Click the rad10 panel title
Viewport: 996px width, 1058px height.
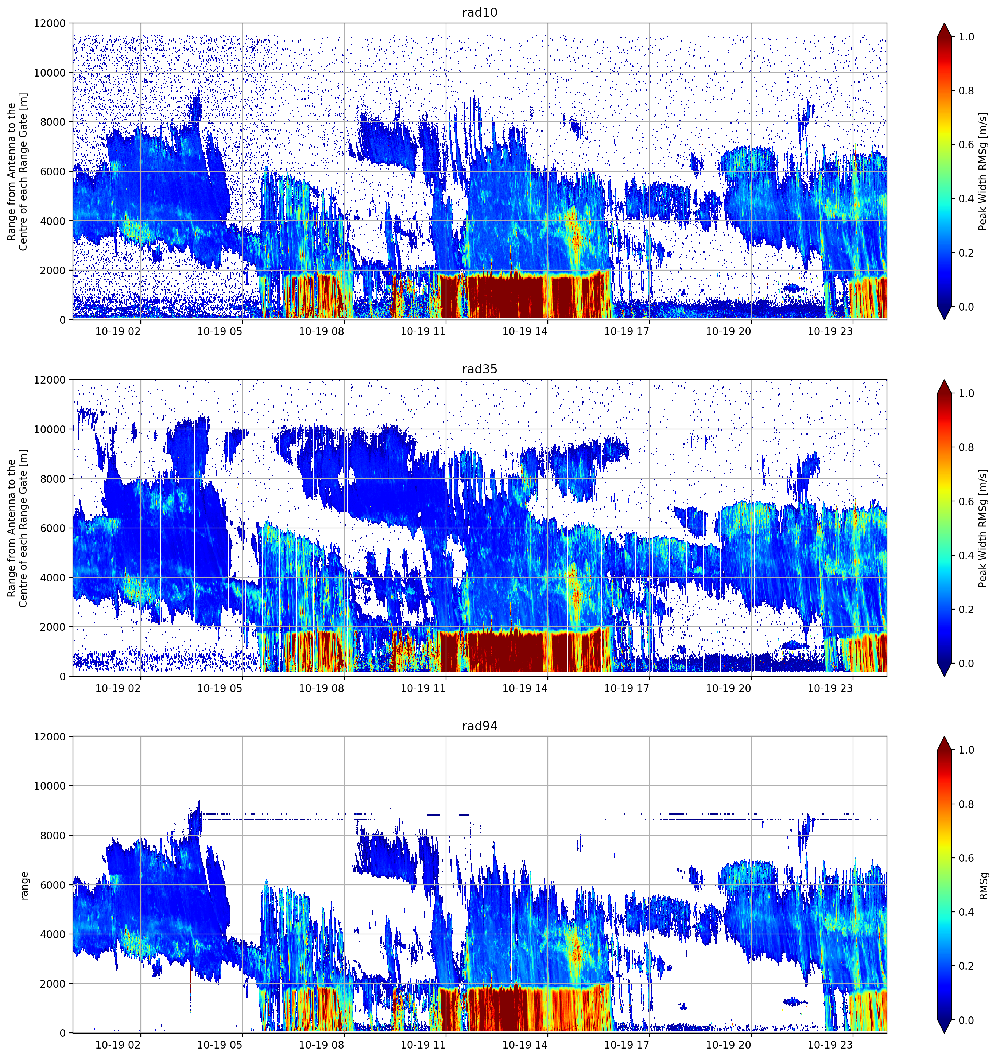[x=479, y=13]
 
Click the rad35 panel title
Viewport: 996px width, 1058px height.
[x=479, y=369]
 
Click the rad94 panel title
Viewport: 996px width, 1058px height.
[x=479, y=726]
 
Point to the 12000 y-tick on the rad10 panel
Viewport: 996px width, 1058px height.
[x=50, y=23]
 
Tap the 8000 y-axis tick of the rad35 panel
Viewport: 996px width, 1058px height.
[x=53, y=479]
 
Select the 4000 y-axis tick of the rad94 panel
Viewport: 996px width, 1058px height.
[x=53, y=934]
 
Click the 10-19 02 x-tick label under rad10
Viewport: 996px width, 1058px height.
[x=118, y=331]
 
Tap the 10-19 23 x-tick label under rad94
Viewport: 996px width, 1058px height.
[x=830, y=1045]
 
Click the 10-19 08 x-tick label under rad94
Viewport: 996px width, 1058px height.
[x=322, y=1045]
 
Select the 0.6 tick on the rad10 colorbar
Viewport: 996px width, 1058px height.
[x=966, y=145]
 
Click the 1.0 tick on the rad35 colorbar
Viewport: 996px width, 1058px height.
[x=966, y=393]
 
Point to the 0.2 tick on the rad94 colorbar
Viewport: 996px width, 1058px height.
[x=966, y=966]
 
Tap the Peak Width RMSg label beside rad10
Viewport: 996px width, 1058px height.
[x=983, y=171]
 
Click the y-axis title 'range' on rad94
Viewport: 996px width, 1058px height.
[x=24, y=886]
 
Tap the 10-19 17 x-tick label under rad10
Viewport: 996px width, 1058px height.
[x=627, y=331]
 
